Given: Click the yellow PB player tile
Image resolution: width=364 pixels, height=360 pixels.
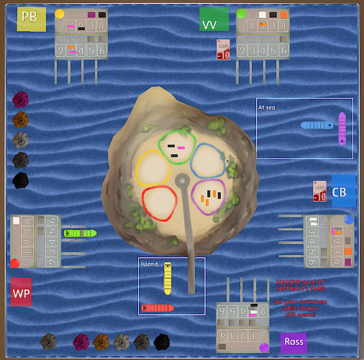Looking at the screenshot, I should tap(31, 19).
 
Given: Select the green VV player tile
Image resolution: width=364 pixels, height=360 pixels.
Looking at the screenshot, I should tap(214, 19).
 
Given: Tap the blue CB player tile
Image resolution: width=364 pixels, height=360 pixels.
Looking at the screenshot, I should tap(343, 191).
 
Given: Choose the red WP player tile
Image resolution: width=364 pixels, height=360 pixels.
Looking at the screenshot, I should tap(21, 292).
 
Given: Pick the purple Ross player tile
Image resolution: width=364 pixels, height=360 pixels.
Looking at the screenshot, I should tap(294, 342).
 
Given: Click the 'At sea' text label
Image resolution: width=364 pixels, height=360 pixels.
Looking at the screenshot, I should tap(268, 107).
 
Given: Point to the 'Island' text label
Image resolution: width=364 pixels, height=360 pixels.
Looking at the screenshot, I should tap(149, 264).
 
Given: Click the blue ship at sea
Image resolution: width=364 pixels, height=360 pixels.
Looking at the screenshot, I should tap(316, 125).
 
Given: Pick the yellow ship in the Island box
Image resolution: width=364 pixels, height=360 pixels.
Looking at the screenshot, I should tap(168, 279).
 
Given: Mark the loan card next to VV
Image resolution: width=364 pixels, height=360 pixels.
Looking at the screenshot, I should tap(224, 50).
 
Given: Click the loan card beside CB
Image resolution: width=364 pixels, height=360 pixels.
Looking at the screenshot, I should tap(320, 191).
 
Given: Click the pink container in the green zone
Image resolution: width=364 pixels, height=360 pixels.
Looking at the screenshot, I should tap(181, 148).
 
